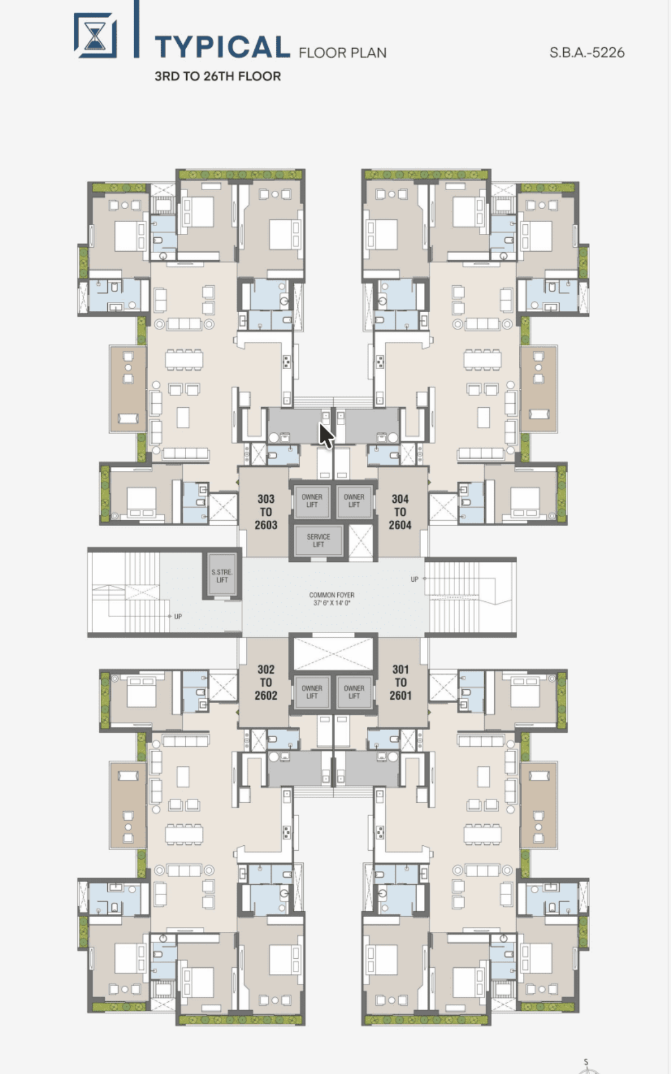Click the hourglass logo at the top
96,35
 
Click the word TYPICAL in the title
223,47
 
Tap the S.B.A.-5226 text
587,53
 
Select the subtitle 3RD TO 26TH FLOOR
218,76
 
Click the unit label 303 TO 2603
266,512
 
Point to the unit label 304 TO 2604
400,512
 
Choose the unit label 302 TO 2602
266,682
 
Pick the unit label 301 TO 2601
400,682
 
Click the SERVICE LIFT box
318,540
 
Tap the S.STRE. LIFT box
222,576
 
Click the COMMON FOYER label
332,595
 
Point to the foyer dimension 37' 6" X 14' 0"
332,603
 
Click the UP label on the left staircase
178,616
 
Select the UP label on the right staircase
414,580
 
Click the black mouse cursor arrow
326,435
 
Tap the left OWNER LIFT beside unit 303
312,501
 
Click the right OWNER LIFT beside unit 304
354,501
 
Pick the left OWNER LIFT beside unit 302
312,692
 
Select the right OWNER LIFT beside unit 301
354,692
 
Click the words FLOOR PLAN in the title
343,53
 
